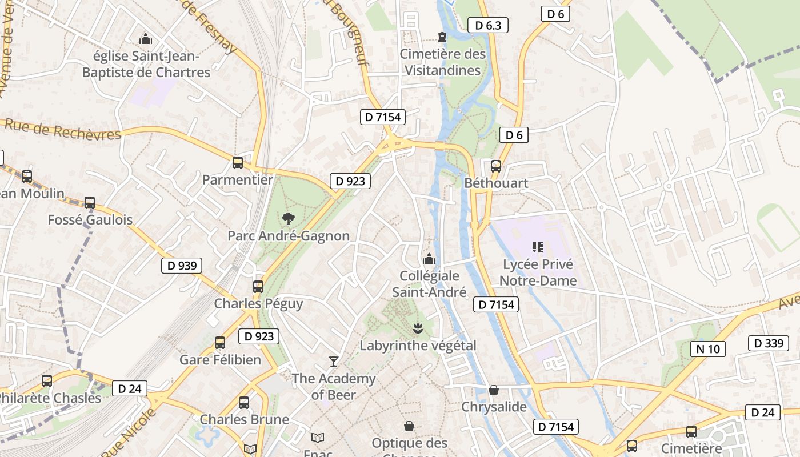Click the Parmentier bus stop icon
tap(238, 163)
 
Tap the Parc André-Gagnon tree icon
tap(289, 218)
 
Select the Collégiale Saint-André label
tap(429, 284)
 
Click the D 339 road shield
tap(768, 343)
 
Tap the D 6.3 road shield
tap(487, 25)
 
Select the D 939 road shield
tap(182, 266)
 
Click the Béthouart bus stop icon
tap(496, 166)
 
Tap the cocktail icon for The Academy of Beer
tap(334, 361)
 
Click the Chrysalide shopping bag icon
tap(494, 390)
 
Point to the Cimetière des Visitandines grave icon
tap(442, 37)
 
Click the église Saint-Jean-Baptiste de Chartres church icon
tap(146, 39)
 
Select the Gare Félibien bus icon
tap(220, 343)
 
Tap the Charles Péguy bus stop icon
tap(258, 287)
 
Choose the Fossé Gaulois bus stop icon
tap(90, 203)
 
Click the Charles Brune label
tap(244, 419)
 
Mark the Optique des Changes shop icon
tap(409, 426)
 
